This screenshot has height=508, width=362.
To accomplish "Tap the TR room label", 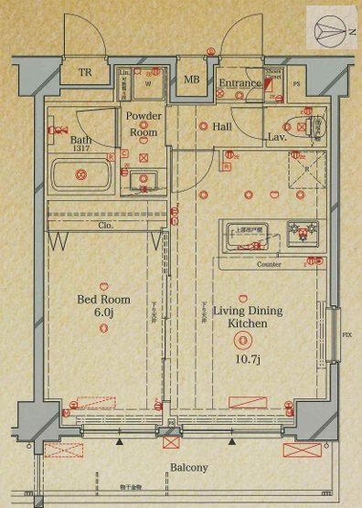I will pos(85,73).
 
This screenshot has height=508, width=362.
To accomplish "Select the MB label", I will pos(192,79).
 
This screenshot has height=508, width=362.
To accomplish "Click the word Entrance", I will pos(240,83).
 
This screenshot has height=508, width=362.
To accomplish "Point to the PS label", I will pos(296,84).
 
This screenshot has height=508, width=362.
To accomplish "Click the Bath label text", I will pos(56,140).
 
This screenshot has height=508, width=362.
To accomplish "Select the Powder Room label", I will pos(144,123).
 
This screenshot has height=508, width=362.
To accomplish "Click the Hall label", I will pos(221,128).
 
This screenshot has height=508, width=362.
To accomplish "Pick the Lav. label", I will pos(278,137).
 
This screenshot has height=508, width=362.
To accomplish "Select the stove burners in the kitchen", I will pos(303,236).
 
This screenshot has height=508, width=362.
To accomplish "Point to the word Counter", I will pos(269,264).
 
